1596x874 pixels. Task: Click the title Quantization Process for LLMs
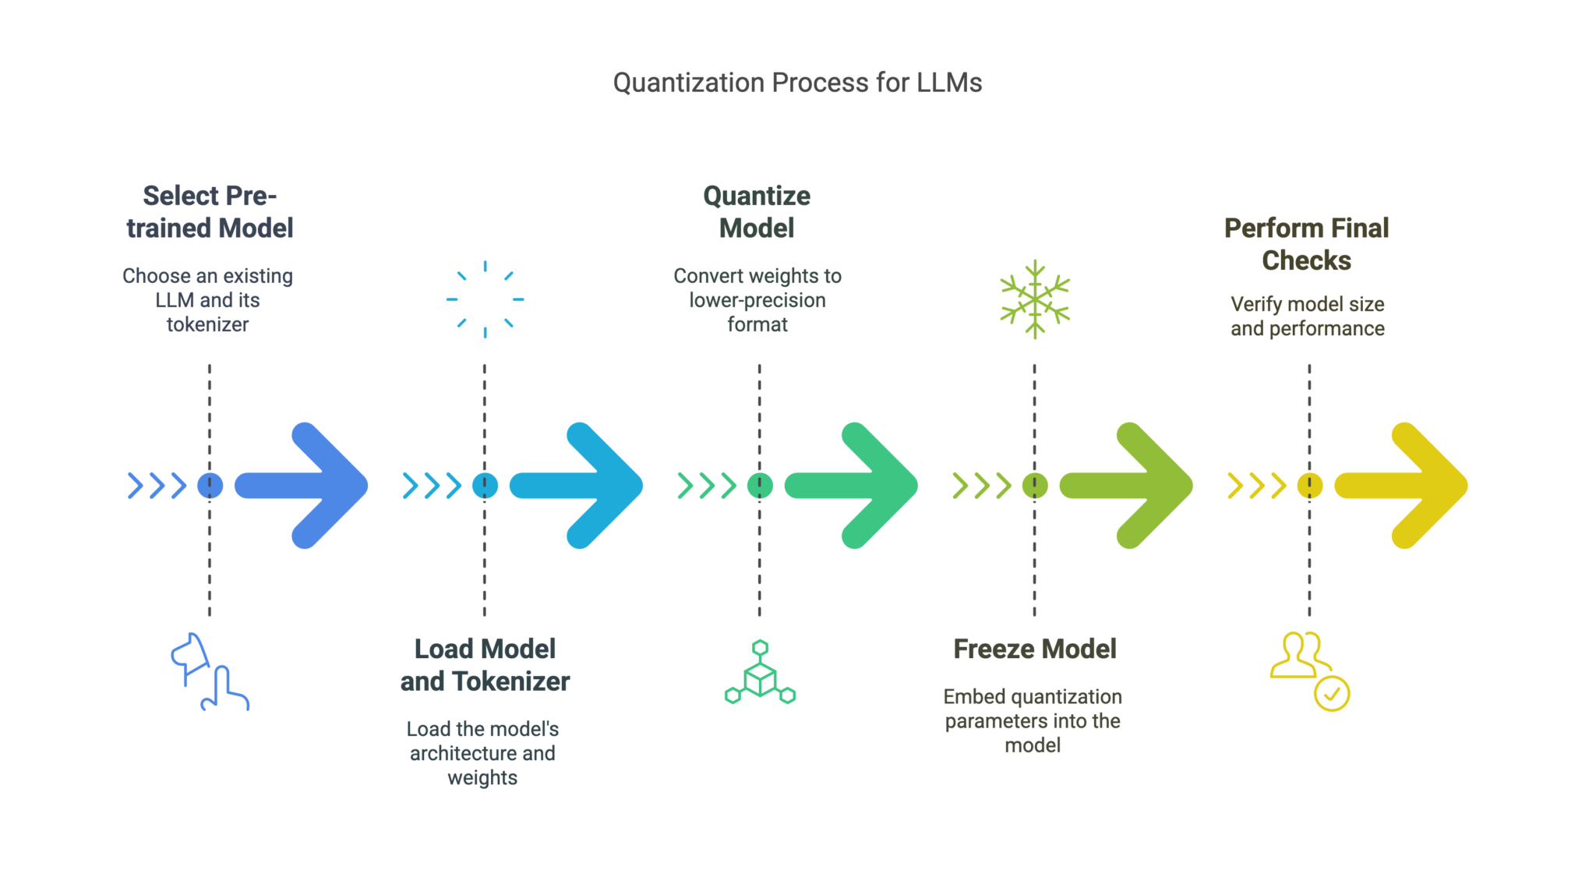[797, 83]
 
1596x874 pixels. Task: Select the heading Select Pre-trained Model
[210, 212]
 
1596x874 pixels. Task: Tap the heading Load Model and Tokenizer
[485, 665]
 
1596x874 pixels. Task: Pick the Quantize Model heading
[757, 212]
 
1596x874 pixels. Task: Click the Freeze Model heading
[1035, 649]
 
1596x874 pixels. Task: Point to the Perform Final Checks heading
[1307, 244]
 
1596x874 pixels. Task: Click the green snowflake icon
[1035, 299]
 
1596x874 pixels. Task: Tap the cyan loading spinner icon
[485, 299]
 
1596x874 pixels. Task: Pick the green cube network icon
[760, 673]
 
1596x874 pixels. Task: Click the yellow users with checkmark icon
[1309, 671]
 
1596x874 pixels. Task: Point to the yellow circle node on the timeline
[1309, 485]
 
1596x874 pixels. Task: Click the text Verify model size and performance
[1308, 317]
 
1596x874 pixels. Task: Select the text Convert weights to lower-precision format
[757, 300]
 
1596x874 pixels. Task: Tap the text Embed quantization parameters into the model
[1033, 721]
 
